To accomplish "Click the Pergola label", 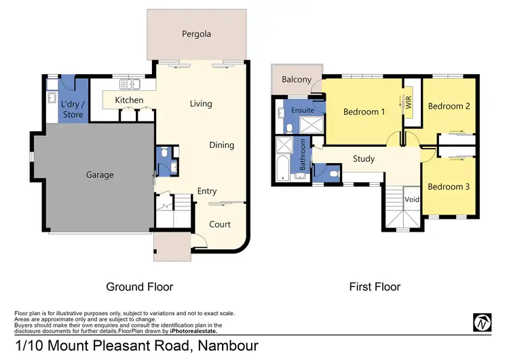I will tap(196, 34).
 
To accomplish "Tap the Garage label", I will tap(100, 175).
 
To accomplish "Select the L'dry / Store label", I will tap(73, 109).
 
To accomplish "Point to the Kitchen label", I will tap(129, 101).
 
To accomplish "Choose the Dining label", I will tap(221, 145).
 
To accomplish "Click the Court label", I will tap(219, 224).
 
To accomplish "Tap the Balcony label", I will tap(296, 79).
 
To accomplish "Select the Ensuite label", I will tap(302, 110).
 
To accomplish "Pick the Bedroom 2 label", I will tap(449, 106).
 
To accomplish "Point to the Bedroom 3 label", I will tap(449, 187).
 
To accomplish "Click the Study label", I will tap(364, 160).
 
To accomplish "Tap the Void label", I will tap(412, 200).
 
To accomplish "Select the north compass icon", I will tap(482, 323).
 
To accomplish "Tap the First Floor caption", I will tap(375, 287).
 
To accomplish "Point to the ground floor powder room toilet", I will tap(162, 155).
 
